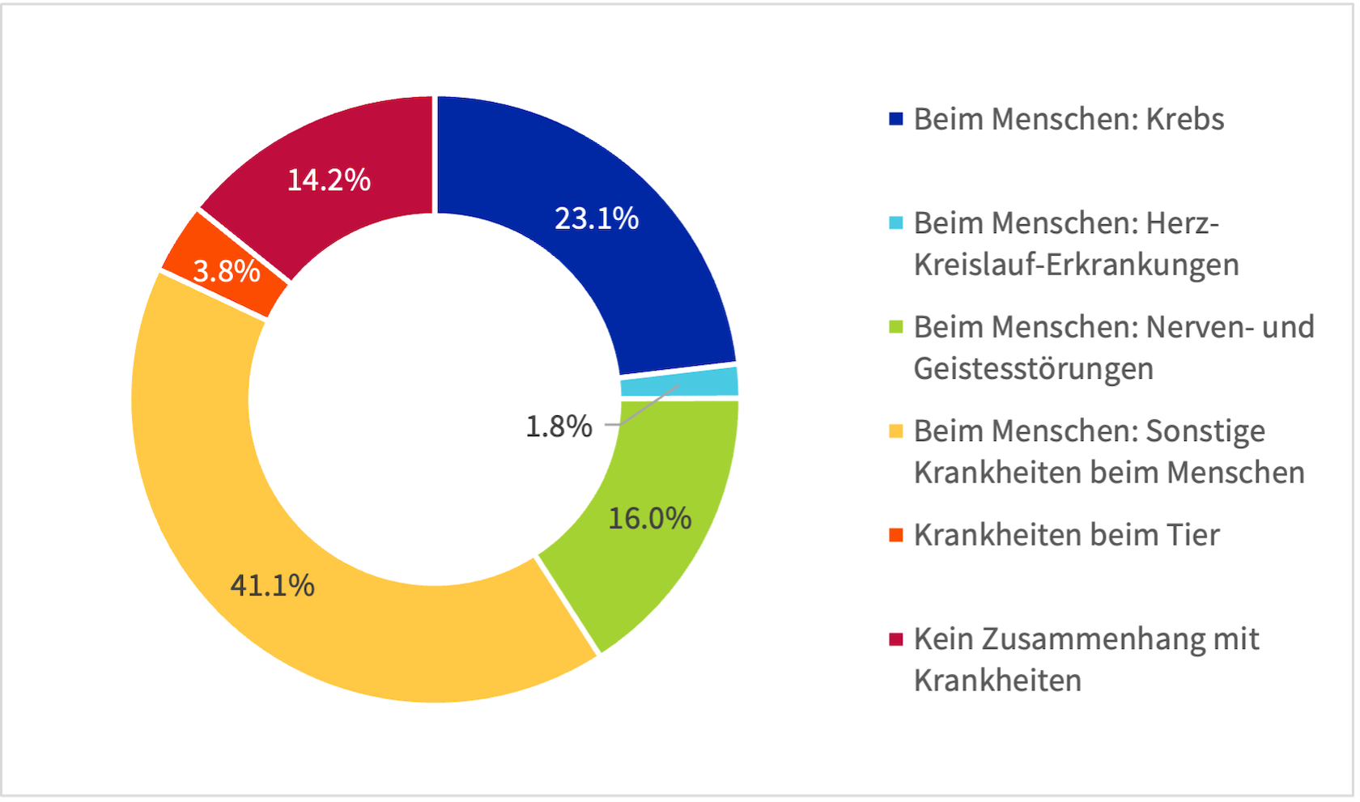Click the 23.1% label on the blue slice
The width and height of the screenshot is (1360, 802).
[597, 219]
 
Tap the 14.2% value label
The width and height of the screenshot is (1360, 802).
[329, 180]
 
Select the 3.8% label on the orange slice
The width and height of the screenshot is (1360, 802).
[227, 271]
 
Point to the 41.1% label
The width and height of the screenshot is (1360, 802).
[272, 585]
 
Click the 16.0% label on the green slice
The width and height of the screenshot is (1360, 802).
[649, 518]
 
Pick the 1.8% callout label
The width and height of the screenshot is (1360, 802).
[559, 426]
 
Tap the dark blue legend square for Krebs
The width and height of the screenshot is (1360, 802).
[895, 119]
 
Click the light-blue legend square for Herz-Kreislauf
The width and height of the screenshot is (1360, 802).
[895, 223]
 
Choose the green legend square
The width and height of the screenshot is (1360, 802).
[895, 327]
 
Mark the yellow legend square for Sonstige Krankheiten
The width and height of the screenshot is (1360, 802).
[895, 431]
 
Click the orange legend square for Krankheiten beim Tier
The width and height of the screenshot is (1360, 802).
[895, 535]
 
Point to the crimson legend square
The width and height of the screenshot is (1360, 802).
[895, 639]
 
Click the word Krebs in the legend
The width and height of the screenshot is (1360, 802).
[1184, 119]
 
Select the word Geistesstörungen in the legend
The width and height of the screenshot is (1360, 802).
[1033, 369]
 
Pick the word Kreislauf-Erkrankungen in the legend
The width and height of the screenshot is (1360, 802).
[1076, 265]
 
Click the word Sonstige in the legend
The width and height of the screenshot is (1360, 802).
[1205, 431]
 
